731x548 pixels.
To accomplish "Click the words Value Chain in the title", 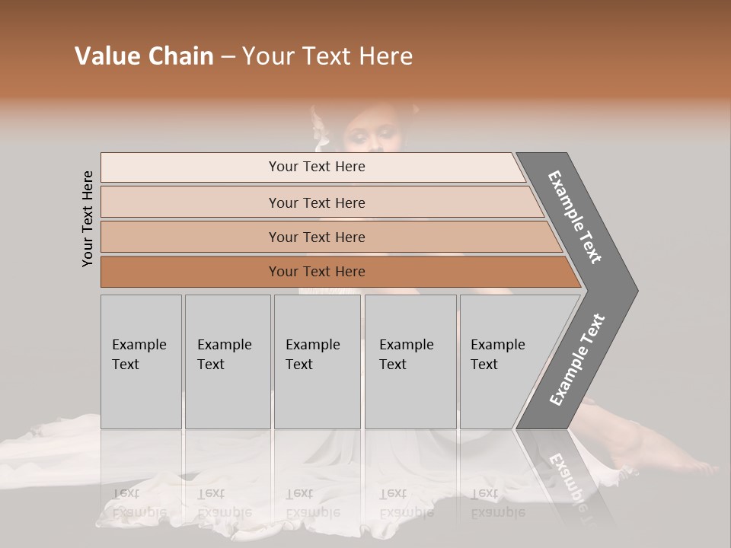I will point(144,56).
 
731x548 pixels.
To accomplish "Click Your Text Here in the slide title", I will point(327,56).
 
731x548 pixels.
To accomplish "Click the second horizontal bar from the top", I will point(317,202).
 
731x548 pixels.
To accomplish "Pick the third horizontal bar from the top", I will point(317,237).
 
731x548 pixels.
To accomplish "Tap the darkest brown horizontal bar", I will point(317,272).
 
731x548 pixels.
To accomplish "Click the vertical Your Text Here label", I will point(88,218).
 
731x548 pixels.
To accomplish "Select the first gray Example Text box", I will point(141,362).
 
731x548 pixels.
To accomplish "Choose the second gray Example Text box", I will point(227,362).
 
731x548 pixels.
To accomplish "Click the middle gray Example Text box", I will point(317,362).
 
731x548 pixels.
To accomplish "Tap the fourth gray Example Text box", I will point(410,362).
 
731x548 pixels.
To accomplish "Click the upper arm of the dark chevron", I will point(576,217).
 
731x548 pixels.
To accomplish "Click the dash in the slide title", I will point(228,57).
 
